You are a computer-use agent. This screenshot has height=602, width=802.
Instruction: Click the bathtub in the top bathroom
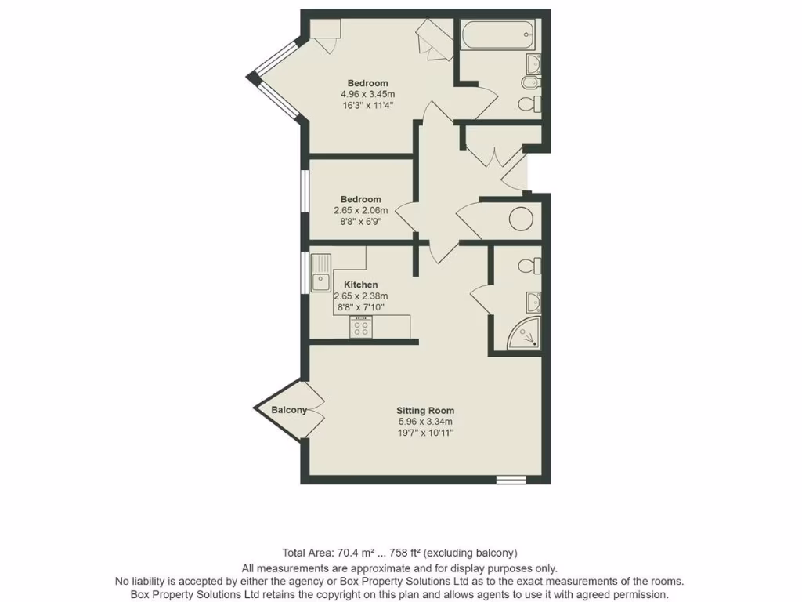(498, 34)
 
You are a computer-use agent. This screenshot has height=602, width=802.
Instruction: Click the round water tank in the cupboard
(522, 219)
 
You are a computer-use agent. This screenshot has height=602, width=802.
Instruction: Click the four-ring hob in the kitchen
(361, 329)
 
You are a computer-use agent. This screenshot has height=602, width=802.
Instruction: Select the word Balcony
(289, 410)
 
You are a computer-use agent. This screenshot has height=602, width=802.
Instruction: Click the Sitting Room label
(425, 410)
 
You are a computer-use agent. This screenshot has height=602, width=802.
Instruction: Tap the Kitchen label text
(360, 285)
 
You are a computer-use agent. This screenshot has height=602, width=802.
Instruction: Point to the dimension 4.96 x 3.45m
(367, 94)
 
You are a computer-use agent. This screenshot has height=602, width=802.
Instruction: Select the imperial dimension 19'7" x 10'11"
(425, 432)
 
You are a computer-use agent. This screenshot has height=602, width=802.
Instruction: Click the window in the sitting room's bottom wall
(511, 479)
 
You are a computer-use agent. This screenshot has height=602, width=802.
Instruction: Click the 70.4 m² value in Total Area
(356, 552)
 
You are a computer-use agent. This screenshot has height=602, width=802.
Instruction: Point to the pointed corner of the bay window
(251, 77)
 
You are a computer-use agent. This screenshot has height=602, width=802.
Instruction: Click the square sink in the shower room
(533, 300)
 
